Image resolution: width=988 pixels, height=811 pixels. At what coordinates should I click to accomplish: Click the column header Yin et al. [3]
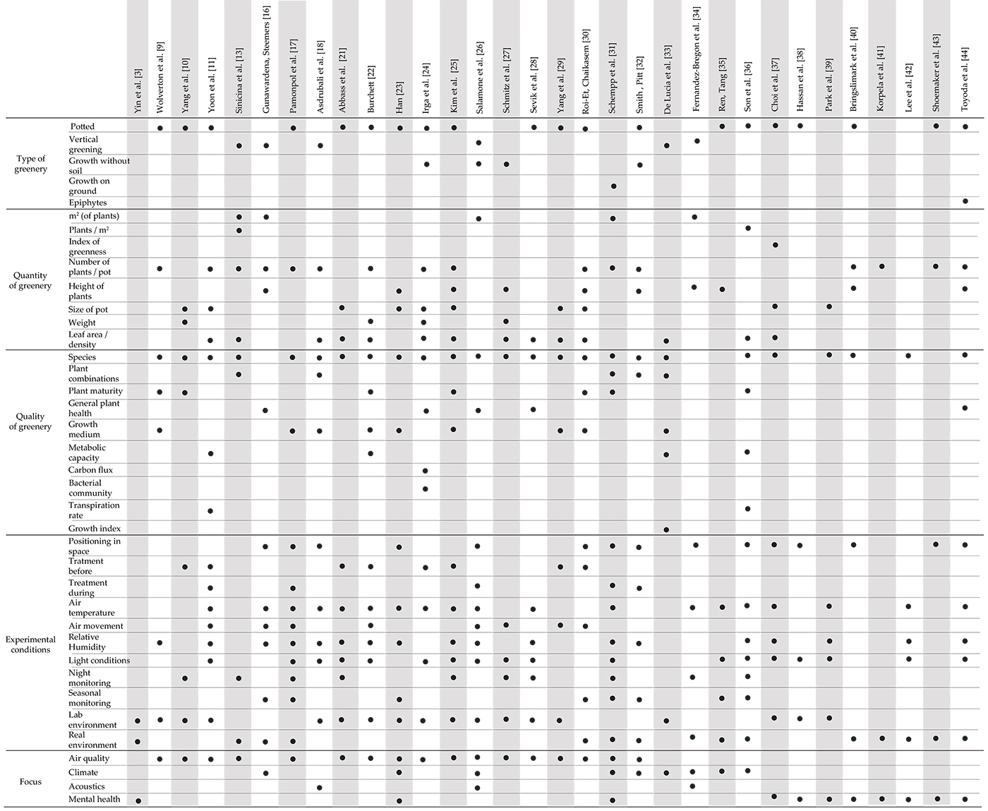[x=138, y=91]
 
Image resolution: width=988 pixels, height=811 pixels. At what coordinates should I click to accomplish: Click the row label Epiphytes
[x=88, y=203]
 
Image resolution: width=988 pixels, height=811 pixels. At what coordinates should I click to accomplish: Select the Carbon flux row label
[x=90, y=470]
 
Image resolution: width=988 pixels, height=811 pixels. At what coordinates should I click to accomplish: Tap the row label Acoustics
[x=86, y=786]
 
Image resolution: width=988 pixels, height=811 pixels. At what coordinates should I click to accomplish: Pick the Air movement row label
[x=96, y=626]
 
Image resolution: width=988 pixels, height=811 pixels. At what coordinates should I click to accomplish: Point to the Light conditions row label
[x=99, y=661]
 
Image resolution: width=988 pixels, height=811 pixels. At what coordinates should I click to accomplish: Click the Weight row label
[x=82, y=323]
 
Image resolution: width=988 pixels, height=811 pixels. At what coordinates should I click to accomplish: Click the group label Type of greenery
[x=31, y=164]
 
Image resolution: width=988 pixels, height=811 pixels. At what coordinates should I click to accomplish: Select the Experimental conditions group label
[x=31, y=644]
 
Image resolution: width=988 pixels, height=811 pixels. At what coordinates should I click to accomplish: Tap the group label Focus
[x=31, y=781]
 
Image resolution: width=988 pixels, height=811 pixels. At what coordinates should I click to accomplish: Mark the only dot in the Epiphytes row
[x=965, y=202]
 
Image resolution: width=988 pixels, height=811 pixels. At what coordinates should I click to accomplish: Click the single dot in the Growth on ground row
[x=613, y=186]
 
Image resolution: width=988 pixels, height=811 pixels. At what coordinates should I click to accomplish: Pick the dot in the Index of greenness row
[x=775, y=245]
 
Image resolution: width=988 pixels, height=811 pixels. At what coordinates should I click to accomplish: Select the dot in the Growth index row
[x=666, y=529]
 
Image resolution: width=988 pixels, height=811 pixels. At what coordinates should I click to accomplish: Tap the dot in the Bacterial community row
[x=425, y=488]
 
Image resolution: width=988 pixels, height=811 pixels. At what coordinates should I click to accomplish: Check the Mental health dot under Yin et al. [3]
[x=138, y=800]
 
